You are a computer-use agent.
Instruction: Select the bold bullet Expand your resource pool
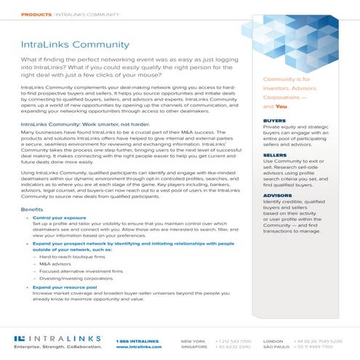click(63, 288)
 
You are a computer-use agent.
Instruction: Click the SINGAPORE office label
click(193, 347)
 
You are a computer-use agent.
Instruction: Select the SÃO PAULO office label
click(274, 347)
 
